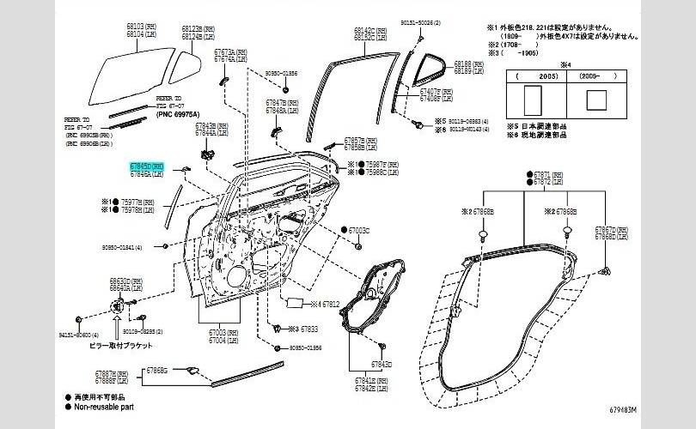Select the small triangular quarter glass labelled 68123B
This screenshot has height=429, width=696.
(182, 62)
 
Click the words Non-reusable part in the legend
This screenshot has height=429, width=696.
(104, 408)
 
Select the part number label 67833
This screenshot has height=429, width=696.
(308, 329)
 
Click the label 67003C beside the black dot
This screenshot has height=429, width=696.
(358, 231)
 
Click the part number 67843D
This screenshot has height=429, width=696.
(381, 364)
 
